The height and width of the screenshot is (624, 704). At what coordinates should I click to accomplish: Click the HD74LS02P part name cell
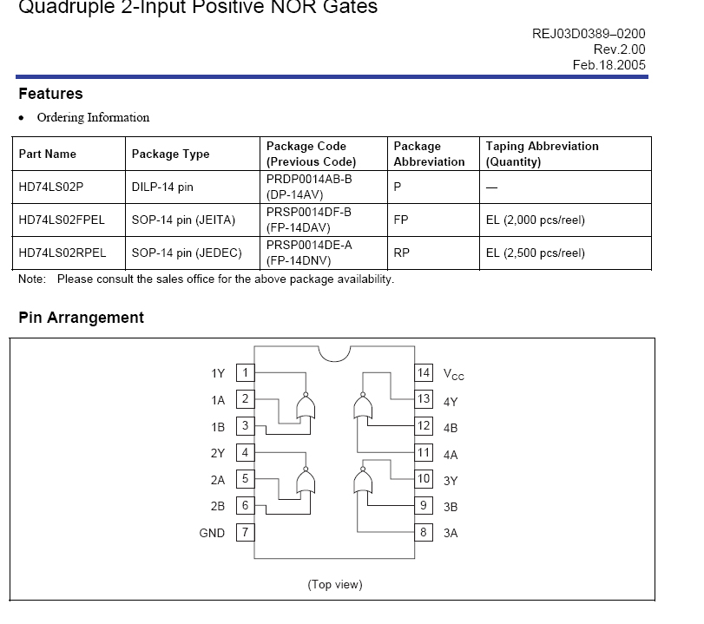pyautogui.click(x=51, y=187)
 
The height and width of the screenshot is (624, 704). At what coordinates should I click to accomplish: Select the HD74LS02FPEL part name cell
pyautogui.click(x=62, y=220)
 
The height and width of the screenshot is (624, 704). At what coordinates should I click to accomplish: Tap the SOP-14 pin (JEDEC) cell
pyautogui.click(x=184, y=253)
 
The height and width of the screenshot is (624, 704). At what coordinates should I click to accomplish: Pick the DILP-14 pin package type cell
pyautogui.click(x=162, y=187)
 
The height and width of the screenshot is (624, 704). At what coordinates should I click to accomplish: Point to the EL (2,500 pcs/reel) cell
pyautogui.click(x=536, y=253)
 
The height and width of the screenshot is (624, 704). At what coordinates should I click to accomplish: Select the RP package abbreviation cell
pyautogui.click(x=401, y=253)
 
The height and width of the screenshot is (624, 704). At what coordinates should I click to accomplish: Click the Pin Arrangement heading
pyautogui.click(x=81, y=318)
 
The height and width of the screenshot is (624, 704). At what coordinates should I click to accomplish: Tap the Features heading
pyautogui.click(x=50, y=94)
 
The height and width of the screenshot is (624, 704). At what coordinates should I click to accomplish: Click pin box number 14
pyautogui.click(x=424, y=373)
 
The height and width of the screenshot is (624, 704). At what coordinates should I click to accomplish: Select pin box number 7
pyautogui.click(x=246, y=532)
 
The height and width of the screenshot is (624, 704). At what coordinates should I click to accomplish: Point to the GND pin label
pyautogui.click(x=212, y=533)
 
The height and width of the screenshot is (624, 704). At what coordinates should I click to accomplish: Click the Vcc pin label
pyautogui.click(x=453, y=375)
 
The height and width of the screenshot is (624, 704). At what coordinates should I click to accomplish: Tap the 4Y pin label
pyautogui.click(x=451, y=402)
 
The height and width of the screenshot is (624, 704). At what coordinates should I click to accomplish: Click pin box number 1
pyautogui.click(x=246, y=373)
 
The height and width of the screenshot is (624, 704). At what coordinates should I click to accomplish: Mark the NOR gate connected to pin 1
pyautogui.click(x=305, y=406)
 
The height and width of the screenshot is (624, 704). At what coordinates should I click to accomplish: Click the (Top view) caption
pyautogui.click(x=335, y=584)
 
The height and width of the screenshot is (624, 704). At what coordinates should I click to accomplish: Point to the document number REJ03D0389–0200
pyautogui.click(x=589, y=34)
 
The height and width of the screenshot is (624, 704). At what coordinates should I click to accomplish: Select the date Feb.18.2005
pyautogui.click(x=609, y=65)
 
